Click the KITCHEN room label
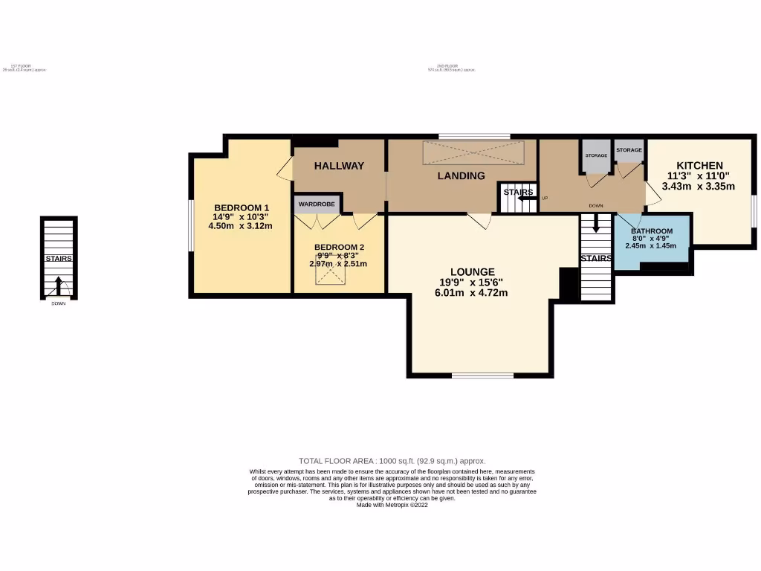click(699, 165)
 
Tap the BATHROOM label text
click(652, 231)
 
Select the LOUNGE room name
click(472, 272)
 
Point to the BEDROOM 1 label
click(242, 207)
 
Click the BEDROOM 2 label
click(340, 247)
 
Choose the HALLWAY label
click(339, 166)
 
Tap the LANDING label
click(461, 176)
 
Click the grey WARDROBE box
click(317, 204)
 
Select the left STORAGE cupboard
click(596, 155)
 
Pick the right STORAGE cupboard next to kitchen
click(629, 150)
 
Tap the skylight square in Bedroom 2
click(331, 276)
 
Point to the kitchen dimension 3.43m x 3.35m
click(699, 186)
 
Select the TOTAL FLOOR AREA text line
click(392, 461)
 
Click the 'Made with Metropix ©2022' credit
click(392, 505)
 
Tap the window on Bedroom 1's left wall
click(190, 225)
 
